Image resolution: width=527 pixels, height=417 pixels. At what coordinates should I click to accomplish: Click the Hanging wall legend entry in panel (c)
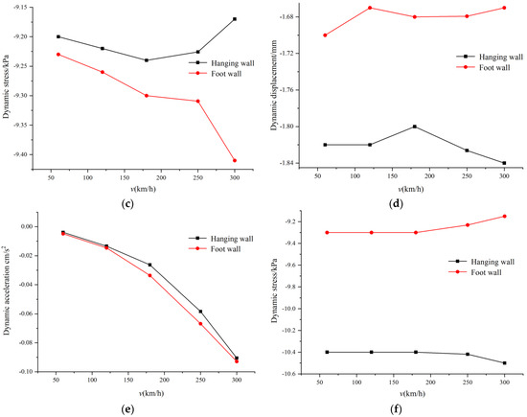221,63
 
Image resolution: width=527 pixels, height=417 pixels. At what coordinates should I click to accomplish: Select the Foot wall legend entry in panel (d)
483,67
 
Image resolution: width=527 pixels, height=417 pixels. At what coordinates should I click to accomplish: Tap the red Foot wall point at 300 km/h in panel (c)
235,160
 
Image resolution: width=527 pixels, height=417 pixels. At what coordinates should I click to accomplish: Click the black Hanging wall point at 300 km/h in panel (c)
235,19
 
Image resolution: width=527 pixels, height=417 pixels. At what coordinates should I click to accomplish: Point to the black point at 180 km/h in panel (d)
415,127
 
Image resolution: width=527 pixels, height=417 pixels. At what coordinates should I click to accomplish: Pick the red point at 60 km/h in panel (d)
325,35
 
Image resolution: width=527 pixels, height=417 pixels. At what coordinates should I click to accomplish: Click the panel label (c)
127,203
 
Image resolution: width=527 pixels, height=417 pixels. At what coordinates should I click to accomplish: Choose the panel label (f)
396,409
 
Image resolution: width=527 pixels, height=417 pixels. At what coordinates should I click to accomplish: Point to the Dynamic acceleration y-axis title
7,290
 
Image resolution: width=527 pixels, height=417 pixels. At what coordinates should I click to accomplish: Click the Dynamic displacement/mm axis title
274,85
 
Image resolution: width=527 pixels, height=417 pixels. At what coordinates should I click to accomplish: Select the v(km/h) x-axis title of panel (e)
150,393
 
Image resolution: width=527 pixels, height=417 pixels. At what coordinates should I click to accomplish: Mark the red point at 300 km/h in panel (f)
504,217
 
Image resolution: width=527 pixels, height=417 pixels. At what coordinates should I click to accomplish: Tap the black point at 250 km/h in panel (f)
468,354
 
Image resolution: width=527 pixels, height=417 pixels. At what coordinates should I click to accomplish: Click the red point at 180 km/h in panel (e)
149,275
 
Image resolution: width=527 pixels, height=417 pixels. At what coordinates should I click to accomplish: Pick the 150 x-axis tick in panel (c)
125,177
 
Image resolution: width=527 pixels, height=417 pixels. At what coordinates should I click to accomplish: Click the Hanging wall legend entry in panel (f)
482,262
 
